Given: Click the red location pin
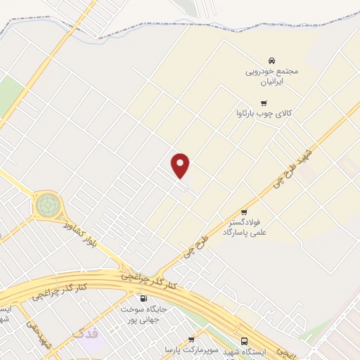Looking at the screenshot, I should click(181, 166).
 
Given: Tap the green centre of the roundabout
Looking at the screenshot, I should click(47, 205).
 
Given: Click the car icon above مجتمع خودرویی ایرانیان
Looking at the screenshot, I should click(272, 60).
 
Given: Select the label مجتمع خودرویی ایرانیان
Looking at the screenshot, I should click(272, 77).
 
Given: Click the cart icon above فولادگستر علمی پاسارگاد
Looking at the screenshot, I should click(244, 212).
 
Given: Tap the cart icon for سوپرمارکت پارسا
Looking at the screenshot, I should click(191, 340).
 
